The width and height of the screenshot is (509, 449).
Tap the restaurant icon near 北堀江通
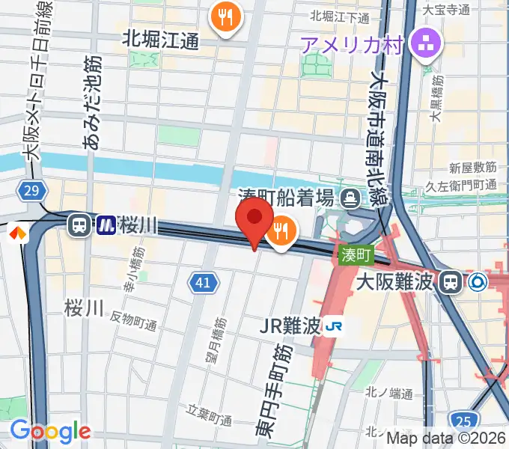225,16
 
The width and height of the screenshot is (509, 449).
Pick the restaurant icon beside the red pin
281,233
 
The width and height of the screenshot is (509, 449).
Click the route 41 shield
204,283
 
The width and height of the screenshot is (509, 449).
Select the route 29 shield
31,192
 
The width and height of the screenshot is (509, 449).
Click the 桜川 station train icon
78,224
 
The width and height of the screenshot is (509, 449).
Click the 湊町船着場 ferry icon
350,199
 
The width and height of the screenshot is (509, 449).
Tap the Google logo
50,431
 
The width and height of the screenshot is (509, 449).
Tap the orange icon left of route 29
16,233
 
